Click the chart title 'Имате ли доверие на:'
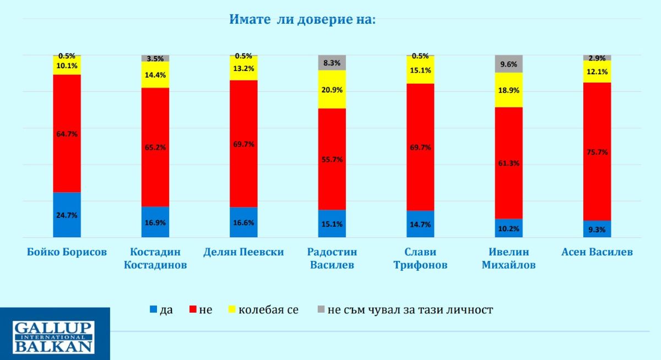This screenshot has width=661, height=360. pyautogui.click(x=302, y=20)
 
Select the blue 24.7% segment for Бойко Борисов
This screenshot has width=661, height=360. pyautogui.click(x=67, y=215)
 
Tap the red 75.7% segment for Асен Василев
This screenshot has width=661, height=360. pyautogui.click(x=597, y=151)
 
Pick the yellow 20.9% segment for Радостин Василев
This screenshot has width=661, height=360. pyautogui.click(x=332, y=90)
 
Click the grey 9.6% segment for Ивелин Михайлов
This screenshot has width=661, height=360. pyautogui.click(x=509, y=63)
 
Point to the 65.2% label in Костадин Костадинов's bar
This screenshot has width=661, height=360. pyautogui.click(x=155, y=148)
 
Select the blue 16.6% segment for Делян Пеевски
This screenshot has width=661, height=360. pyautogui.click(x=243, y=222)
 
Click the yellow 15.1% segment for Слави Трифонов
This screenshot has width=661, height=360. pyautogui.click(x=420, y=70)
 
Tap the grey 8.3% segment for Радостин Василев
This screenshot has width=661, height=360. pyautogui.click(x=332, y=63)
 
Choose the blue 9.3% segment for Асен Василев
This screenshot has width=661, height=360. pyautogui.click(x=597, y=229)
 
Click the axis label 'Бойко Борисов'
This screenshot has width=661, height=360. pyautogui.click(x=67, y=252)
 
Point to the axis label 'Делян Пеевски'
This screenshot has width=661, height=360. pyautogui.click(x=243, y=252)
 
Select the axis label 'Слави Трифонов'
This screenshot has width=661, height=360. pyautogui.click(x=420, y=259)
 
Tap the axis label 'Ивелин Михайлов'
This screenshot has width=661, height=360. pyautogui.click(x=509, y=259)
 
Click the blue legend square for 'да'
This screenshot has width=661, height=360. pyautogui.click(x=153, y=310)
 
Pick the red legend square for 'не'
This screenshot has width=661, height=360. pyautogui.click(x=193, y=310)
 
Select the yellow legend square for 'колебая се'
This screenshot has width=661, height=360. pyautogui.click(x=232, y=310)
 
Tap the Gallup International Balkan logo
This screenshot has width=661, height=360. pyautogui.click(x=55, y=336)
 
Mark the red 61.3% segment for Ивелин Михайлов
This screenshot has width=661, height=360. pyautogui.click(x=509, y=163)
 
